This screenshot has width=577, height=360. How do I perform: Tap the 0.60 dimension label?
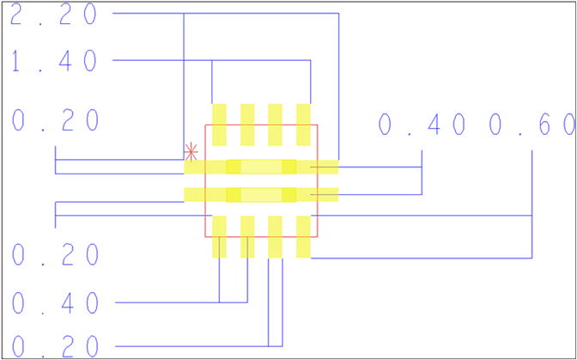(532, 125)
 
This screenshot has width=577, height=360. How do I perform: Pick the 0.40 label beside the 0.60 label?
(422, 125)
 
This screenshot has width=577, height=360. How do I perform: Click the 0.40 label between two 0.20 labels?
(57, 302)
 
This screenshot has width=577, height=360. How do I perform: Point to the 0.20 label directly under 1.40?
(57, 121)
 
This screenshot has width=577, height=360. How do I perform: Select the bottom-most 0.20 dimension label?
(57, 347)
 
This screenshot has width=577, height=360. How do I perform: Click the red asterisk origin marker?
(191, 152)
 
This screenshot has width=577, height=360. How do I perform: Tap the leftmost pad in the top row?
(219, 125)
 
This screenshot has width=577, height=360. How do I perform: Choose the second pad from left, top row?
(247, 125)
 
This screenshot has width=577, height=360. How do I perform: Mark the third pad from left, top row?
(275, 125)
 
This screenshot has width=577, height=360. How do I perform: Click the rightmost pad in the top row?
(303, 125)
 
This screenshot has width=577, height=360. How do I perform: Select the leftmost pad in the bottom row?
(219, 236)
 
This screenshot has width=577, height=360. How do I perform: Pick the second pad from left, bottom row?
(247, 236)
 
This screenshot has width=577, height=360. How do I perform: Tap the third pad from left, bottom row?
(275, 236)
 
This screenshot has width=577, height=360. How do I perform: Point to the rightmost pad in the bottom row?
(303, 236)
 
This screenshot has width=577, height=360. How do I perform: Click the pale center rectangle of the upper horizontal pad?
(261, 167)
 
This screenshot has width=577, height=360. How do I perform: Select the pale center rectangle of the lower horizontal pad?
(261, 195)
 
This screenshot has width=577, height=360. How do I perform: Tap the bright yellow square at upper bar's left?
(233, 167)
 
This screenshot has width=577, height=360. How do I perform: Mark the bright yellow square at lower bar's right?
(288, 195)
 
